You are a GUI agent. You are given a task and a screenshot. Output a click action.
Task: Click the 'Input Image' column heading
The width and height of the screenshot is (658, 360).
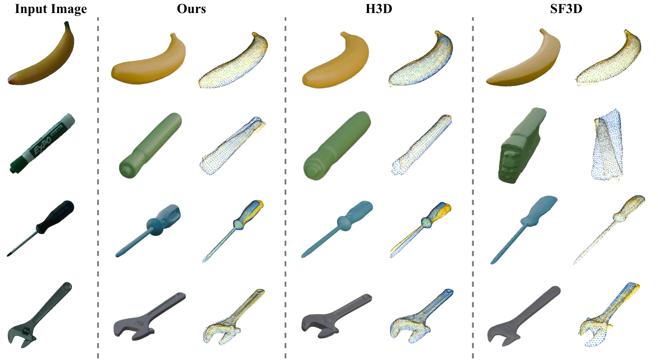[x=51, y=9]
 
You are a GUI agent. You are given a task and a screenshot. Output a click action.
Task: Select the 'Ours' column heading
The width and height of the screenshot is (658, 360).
[x=191, y=9]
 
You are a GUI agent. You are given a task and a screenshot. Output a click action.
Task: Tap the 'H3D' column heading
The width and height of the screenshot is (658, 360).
[x=379, y=9]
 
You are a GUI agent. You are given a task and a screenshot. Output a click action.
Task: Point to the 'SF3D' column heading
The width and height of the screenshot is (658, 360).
[x=566, y=9]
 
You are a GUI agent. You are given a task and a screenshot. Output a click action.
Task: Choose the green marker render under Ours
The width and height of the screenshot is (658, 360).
[x=150, y=145]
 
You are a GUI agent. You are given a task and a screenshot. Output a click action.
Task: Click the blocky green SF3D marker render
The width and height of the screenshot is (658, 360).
[x=522, y=146]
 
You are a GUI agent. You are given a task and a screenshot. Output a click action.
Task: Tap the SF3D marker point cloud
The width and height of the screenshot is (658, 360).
[x=607, y=146]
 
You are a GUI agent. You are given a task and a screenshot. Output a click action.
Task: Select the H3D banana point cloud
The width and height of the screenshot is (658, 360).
[x=421, y=59]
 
